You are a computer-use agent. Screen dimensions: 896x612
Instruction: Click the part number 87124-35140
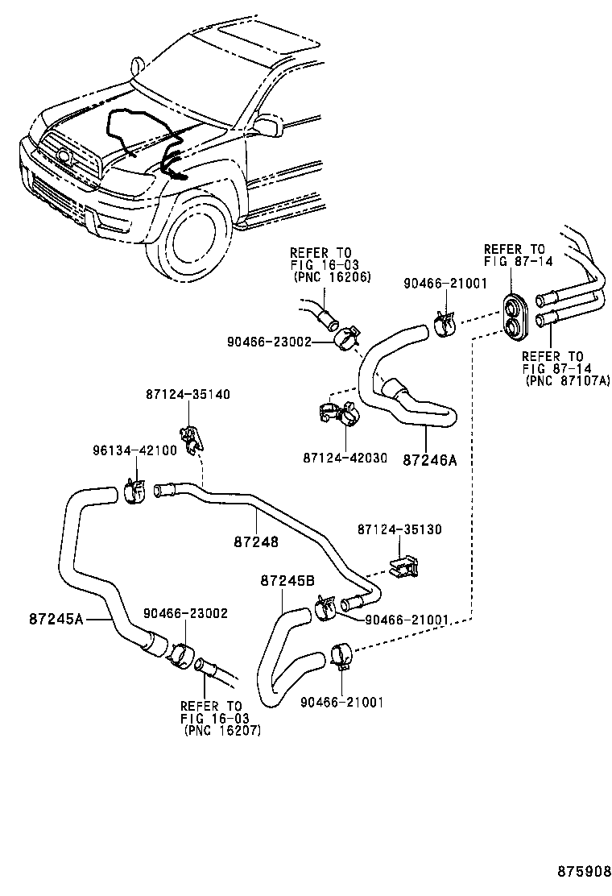tap(188, 395)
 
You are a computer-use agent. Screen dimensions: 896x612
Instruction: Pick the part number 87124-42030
tap(345, 458)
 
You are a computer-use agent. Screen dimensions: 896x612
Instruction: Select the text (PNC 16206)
tap(321, 276)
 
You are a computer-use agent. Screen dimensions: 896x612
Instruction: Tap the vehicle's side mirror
tap(264, 126)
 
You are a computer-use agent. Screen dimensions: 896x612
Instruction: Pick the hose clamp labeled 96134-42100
tap(134, 488)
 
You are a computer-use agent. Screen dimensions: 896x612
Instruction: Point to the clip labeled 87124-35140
tap(192, 437)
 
